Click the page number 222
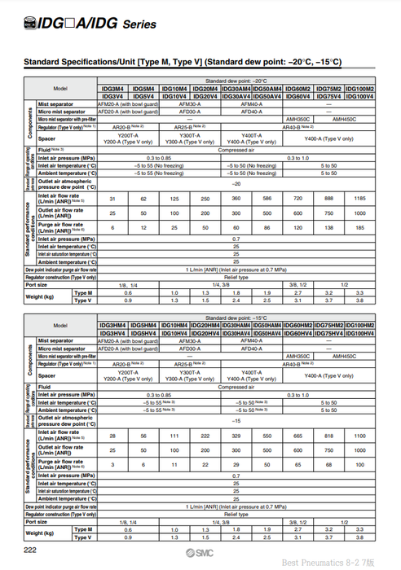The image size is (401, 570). pos(29,551)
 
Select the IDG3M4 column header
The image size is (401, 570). pos(112,88)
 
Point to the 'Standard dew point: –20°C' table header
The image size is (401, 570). pos(236,81)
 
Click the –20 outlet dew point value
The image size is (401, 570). pos(236,183)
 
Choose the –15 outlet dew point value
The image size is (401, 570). pos(236,420)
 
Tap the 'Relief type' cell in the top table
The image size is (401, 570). pos(236,277)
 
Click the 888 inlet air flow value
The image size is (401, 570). pos(328,199)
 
